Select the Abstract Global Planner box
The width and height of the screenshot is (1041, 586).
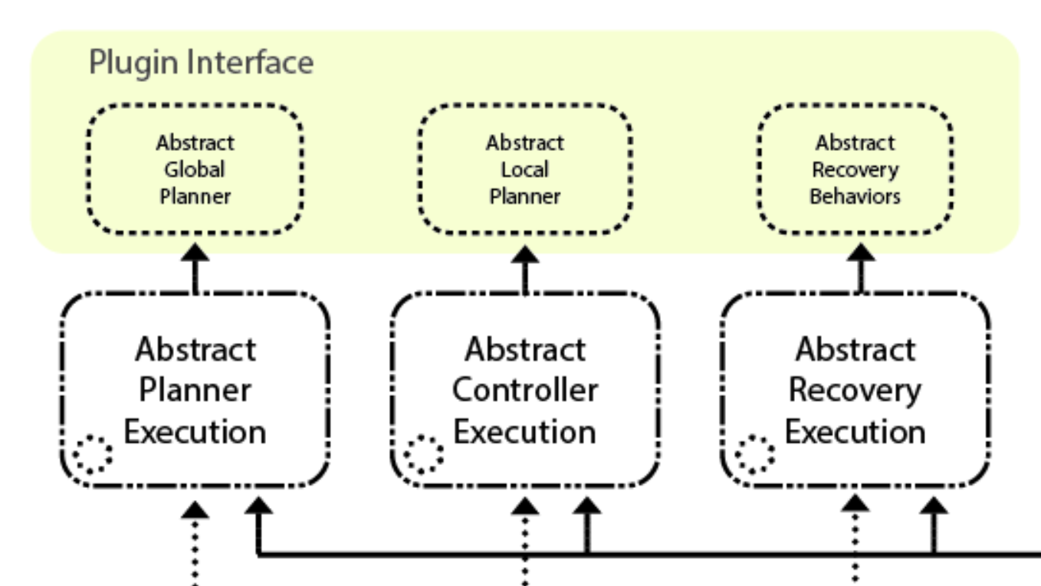(x=195, y=169)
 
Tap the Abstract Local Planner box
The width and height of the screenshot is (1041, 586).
(x=524, y=169)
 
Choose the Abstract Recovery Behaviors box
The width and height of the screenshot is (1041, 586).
(x=855, y=169)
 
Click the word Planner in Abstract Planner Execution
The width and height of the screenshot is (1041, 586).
(x=195, y=391)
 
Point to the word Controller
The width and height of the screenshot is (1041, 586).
(x=524, y=391)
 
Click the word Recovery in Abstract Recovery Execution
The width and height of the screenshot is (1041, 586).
(x=855, y=391)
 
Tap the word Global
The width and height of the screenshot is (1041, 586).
(x=195, y=169)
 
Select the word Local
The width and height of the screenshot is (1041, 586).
(x=524, y=169)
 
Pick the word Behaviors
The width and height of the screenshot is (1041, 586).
(x=855, y=196)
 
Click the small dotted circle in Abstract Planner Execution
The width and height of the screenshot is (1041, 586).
(x=93, y=454)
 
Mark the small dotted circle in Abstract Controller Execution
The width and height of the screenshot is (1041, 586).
(x=423, y=454)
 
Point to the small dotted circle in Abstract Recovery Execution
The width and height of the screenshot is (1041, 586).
(x=754, y=454)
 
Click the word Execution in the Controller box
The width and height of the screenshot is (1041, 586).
(x=524, y=432)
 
